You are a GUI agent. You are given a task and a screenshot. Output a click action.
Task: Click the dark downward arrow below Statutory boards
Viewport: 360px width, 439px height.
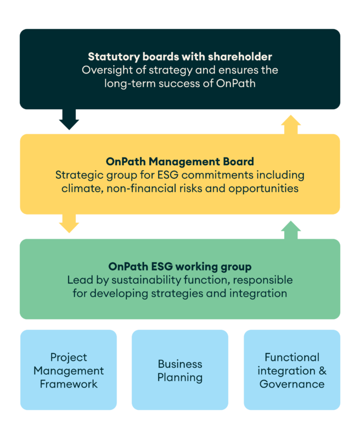69,119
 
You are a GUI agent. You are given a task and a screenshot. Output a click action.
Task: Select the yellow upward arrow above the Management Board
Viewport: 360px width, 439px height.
291,125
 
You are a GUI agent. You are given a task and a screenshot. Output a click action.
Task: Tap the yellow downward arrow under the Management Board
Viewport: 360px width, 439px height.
69,223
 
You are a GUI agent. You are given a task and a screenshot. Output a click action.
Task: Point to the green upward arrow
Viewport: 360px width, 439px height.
291,230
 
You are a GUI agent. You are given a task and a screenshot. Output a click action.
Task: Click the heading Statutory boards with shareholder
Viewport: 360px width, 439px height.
180,57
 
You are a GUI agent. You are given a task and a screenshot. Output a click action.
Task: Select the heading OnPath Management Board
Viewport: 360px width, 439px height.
180,161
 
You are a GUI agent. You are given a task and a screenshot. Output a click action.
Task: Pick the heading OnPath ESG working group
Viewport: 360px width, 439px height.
180,267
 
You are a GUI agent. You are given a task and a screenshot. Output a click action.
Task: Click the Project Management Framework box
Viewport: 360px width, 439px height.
69,370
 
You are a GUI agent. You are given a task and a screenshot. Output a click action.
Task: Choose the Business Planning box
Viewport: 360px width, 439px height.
180,370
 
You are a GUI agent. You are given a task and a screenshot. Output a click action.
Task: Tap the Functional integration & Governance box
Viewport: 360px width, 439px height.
292,370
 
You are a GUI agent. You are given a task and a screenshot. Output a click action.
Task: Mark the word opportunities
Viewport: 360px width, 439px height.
263,189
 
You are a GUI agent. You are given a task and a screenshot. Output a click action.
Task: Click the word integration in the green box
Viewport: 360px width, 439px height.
258,294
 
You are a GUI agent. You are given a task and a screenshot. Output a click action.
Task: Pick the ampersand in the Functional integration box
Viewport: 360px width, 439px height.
323,371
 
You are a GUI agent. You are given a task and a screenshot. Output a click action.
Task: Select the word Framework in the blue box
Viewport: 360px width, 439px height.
69,384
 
